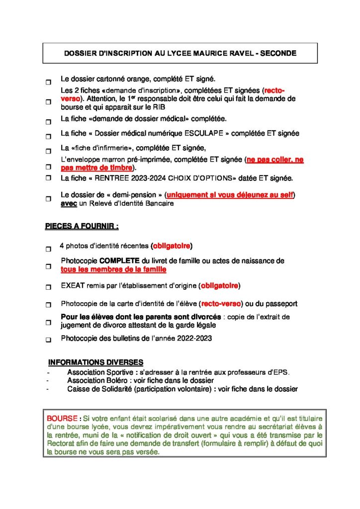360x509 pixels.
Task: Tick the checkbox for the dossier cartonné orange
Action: [48, 81]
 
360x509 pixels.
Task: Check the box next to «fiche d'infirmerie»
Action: [48, 151]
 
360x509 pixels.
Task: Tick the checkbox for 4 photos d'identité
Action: [48, 249]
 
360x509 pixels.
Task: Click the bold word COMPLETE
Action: [120, 260]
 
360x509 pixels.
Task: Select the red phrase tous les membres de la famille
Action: [113, 269]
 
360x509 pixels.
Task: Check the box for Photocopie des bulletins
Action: [48, 340]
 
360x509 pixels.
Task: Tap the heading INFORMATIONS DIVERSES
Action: [95, 362]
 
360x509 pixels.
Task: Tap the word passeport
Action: [280, 303]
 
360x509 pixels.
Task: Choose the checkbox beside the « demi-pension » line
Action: [48, 199]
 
